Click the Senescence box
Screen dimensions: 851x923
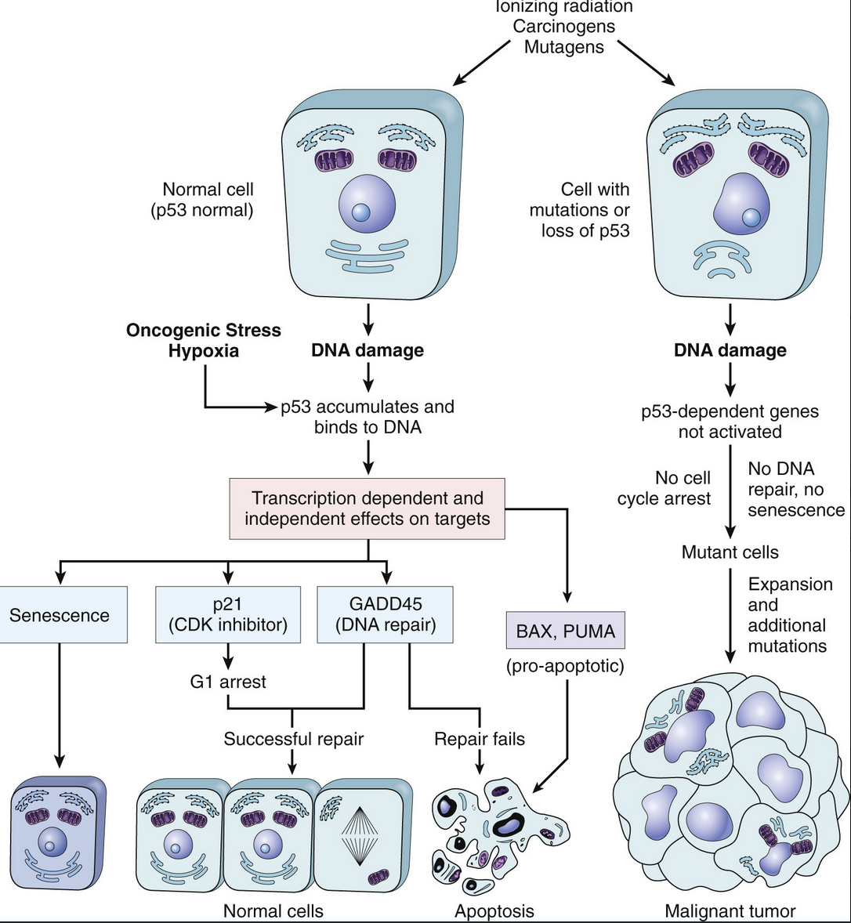coord(63,614)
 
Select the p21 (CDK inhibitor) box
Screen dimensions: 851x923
coord(228,614)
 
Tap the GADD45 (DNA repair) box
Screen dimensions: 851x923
coord(385,614)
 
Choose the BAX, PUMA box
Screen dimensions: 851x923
coord(566,631)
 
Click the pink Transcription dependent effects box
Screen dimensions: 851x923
coord(368,509)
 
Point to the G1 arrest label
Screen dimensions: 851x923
coord(228,682)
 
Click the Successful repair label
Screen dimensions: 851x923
coord(294,739)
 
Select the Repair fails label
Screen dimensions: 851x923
coord(480,739)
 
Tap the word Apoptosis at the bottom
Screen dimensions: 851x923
coord(494,911)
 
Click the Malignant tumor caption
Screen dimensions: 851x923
coord(730,911)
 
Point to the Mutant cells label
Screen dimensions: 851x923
coord(730,552)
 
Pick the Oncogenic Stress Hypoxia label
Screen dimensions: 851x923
coord(204,340)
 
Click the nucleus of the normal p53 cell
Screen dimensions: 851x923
coord(367,206)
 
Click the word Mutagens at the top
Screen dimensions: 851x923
coord(563,47)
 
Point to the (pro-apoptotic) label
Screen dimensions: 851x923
coord(565,666)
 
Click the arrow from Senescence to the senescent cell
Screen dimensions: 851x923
coord(59,705)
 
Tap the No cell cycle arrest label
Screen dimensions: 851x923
coord(664,489)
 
